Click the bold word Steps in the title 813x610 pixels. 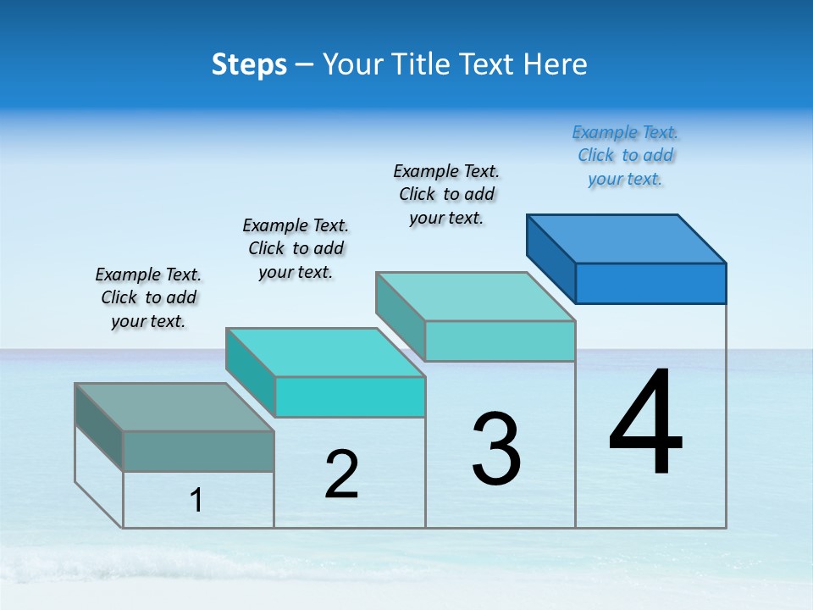[x=249, y=64]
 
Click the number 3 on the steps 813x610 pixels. [x=496, y=448]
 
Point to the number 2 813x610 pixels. [x=341, y=474]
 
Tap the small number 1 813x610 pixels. [x=196, y=501]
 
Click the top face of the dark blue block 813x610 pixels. [x=627, y=238]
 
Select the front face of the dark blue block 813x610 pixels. [x=650, y=283]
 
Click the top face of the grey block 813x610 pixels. [x=174, y=407]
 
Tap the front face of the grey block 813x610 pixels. [x=198, y=451]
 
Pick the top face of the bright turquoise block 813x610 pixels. [x=325, y=352]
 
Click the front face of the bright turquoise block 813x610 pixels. [x=350, y=396]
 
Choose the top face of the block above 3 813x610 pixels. [x=476, y=296]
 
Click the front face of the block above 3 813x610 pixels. [x=500, y=341]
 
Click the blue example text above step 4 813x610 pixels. [x=625, y=156]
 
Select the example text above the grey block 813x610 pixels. [x=148, y=297]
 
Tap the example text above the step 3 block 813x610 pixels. [x=446, y=194]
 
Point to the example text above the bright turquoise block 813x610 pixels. [x=296, y=248]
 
